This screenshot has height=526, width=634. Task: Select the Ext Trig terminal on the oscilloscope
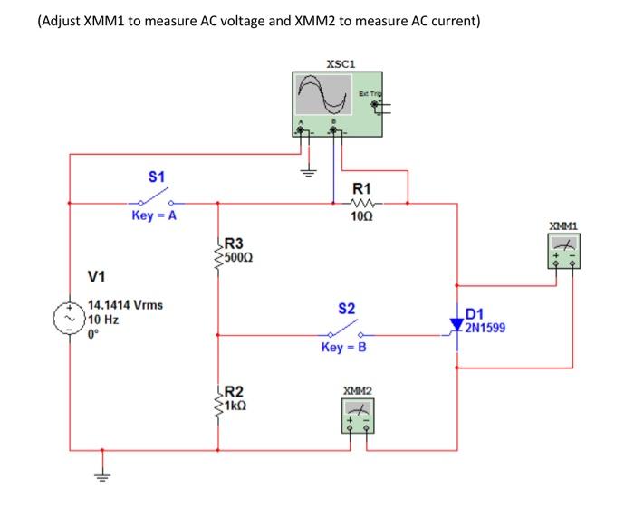coord(374,106)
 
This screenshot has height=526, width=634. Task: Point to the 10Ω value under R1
coord(361,217)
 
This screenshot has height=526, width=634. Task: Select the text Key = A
coord(153,215)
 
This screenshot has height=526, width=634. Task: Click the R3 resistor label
coord(234,243)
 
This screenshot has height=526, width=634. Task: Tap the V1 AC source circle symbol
coord(70,320)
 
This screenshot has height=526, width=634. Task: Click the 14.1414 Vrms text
coord(125,305)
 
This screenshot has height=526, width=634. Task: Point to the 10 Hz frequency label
coord(104,320)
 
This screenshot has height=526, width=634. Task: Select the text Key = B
coord(344,348)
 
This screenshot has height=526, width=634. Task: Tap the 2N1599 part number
coord(485,329)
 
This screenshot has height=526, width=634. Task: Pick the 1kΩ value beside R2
coord(236,406)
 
